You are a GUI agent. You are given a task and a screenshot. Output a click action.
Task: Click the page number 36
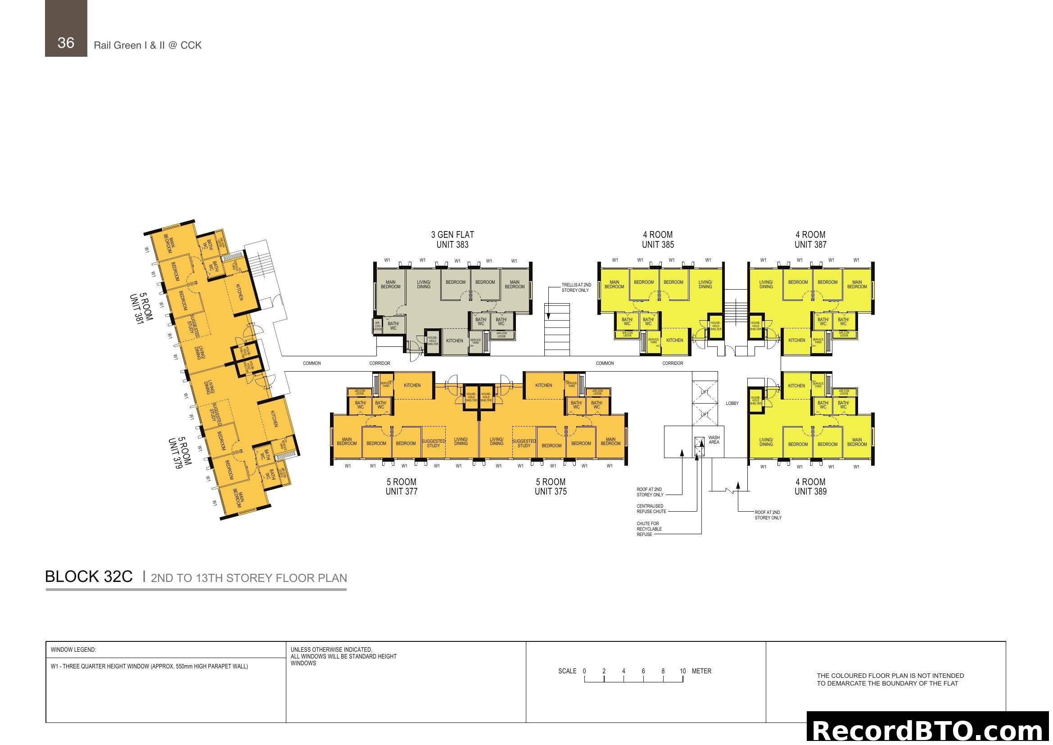click(x=66, y=43)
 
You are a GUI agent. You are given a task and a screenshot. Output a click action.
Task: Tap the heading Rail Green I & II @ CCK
click(x=148, y=45)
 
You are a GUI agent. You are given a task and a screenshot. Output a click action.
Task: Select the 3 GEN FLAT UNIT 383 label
click(x=452, y=240)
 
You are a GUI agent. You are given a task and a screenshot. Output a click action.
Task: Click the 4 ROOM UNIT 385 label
click(x=658, y=240)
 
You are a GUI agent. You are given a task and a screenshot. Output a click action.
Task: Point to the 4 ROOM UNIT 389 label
click(x=810, y=486)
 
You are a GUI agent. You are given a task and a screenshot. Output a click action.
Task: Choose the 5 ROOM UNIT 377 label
click(x=401, y=486)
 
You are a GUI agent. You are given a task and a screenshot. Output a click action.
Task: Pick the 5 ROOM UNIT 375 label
click(x=550, y=486)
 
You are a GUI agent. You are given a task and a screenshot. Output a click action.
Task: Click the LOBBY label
click(x=732, y=404)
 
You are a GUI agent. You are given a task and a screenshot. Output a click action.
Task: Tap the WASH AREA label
click(x=714, y=440)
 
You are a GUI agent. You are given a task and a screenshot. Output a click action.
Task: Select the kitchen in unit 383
click(x=455, y=341)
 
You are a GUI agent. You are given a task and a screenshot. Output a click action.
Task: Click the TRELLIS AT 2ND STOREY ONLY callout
click(x=576, y=288)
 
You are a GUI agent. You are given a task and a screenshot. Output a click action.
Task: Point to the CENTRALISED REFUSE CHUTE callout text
click(x=651, y=509)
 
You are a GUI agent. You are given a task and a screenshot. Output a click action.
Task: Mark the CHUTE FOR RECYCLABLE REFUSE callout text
click(x=649, y=529)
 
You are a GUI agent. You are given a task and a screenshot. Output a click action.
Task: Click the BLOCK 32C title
click(x=89, y=577)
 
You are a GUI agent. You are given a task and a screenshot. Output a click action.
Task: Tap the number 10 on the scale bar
click(x=682, y=671)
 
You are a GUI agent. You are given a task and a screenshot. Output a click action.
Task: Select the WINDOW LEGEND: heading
click(x=73, y=650)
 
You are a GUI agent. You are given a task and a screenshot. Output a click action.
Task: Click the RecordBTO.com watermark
click(x=929, y=730)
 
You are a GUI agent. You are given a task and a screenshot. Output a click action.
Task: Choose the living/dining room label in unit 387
click(x=766, y=284)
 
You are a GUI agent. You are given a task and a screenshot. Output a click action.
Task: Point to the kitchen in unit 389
click(x=796, y=386)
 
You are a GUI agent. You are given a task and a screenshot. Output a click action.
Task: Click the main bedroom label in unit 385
click(x=614, y=284)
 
